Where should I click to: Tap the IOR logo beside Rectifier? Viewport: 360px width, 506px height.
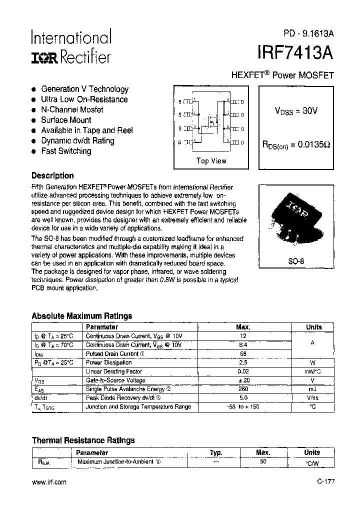(45, 58)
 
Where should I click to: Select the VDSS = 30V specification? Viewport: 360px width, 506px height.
(296, 111)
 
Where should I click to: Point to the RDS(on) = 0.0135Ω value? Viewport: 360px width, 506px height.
(296, 144)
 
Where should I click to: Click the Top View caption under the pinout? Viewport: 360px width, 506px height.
(211, 161)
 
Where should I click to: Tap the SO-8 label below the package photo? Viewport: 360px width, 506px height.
(296, 261)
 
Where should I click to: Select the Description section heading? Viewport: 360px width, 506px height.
(52, 176)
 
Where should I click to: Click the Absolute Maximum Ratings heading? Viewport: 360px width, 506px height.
(81, 316)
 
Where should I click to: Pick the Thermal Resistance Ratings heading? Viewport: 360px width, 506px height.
(83, 440)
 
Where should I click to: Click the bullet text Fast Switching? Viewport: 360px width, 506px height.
(66, 151)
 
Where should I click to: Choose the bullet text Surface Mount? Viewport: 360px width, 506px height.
(66, 120)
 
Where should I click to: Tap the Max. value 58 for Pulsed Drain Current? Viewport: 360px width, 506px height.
(243, 353)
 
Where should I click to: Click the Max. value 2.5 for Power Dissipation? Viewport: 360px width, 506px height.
(243, 362)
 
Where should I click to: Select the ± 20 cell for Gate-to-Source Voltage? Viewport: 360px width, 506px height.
(243, 380)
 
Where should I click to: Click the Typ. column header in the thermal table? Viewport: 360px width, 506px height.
(215, 452)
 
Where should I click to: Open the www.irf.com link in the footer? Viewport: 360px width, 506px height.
(49, 482)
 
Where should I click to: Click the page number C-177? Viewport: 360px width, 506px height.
(325, 482)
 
